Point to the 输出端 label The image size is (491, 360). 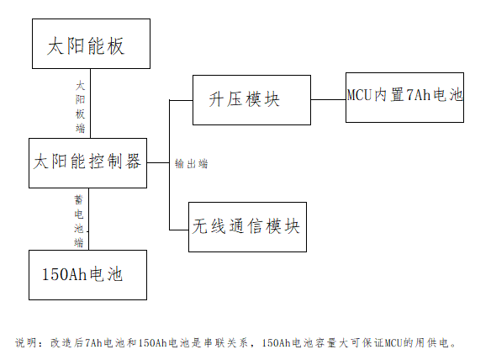[192, 163]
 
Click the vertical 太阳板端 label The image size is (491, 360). [80, 107]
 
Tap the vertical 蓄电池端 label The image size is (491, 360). [78, 221]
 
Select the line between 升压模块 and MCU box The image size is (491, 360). [328, 99]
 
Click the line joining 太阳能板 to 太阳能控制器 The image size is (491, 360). [91, 103]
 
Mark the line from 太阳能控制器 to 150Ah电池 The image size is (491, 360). [88, 219]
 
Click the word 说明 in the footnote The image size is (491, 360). [26, 342]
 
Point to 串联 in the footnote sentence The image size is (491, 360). [209, 342]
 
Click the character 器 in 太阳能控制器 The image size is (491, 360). [133, 161]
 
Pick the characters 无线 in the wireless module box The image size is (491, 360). [209, 226]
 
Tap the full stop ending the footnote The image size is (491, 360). [453, 346]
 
